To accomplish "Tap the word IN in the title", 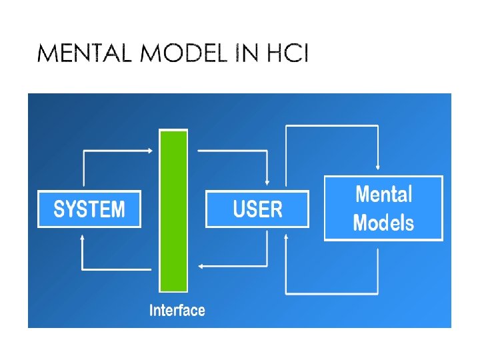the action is [x=246, y=53].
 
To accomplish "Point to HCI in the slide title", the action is [x=287, y=53].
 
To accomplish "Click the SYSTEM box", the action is [x=89, y=209].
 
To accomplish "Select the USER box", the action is [x=257, y=209].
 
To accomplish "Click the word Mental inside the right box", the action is [x=384, y=194].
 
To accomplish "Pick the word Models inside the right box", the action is [x=383, y=223].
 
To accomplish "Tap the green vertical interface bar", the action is [x=173, y=211].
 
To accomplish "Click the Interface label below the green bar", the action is [x=177, y=310].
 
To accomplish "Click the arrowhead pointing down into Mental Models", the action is [x=378, y=167].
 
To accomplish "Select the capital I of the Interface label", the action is [x=151, y=310].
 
